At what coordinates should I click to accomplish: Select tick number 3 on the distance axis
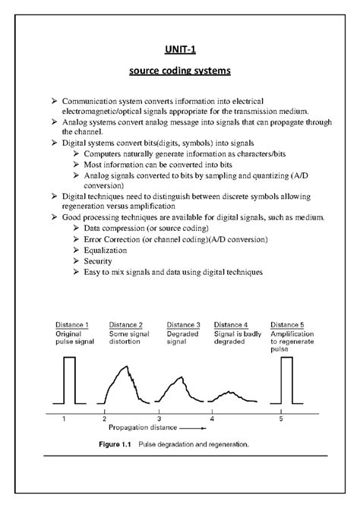(159, 418)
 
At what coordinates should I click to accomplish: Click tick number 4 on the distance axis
(212, 418)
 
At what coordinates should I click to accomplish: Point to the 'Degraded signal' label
(182, 338)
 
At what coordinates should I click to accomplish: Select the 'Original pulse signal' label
(73, 338)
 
